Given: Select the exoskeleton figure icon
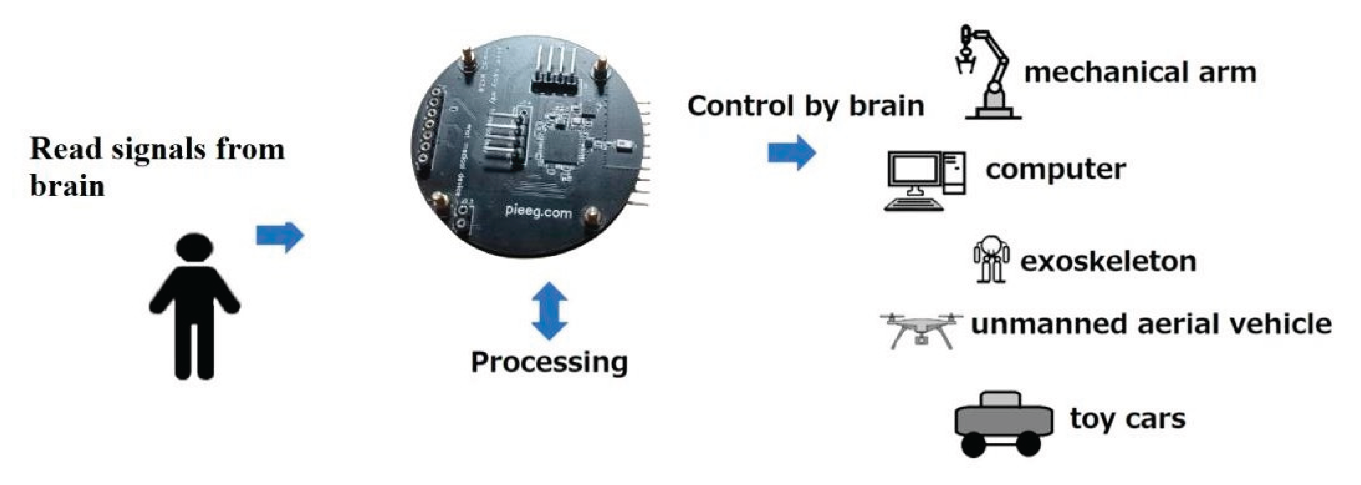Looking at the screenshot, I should click(x=991, y=259).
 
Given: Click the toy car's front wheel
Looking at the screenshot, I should click(x=974, y=444).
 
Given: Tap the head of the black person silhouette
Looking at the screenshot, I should click(x=195, y=248).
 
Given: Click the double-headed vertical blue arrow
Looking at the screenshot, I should click(x=550, y=311).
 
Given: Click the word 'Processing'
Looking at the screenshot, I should click(x=550, y=363).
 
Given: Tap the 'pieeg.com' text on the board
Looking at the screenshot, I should click(x=538, y=212).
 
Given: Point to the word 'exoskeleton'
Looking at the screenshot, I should click(x=1108, y=262).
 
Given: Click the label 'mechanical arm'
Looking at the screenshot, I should click(x=1140, y=72).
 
